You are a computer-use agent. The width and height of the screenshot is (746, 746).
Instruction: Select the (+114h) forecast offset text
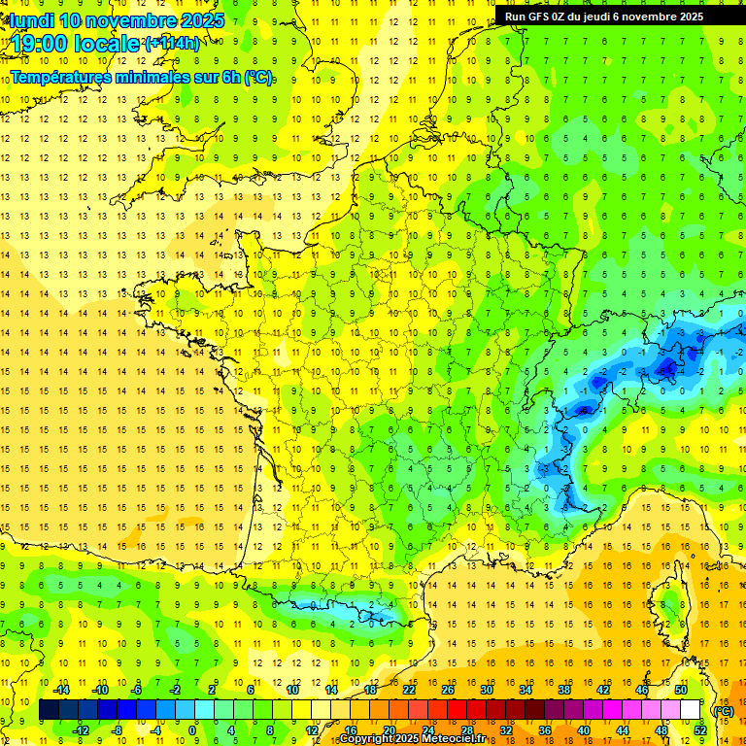point(172,43)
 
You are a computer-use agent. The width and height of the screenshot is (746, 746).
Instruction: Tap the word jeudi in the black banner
point(608,17)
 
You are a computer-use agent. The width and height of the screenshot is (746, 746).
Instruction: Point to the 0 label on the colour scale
point(192,730)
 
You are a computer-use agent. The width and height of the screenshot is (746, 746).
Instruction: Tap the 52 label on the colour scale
point(700,730)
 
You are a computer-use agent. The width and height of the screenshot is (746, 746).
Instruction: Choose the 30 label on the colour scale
point(487,690)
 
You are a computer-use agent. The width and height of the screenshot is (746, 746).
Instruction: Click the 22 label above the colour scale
point(410,690)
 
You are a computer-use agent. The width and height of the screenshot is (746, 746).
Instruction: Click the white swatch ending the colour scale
point(691,710)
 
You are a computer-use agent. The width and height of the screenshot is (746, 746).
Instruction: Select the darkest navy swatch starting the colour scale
point(49,710)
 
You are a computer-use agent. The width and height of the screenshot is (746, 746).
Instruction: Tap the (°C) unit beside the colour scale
point(724,710)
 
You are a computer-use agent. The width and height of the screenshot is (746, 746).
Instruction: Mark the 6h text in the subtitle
point(232,77)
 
